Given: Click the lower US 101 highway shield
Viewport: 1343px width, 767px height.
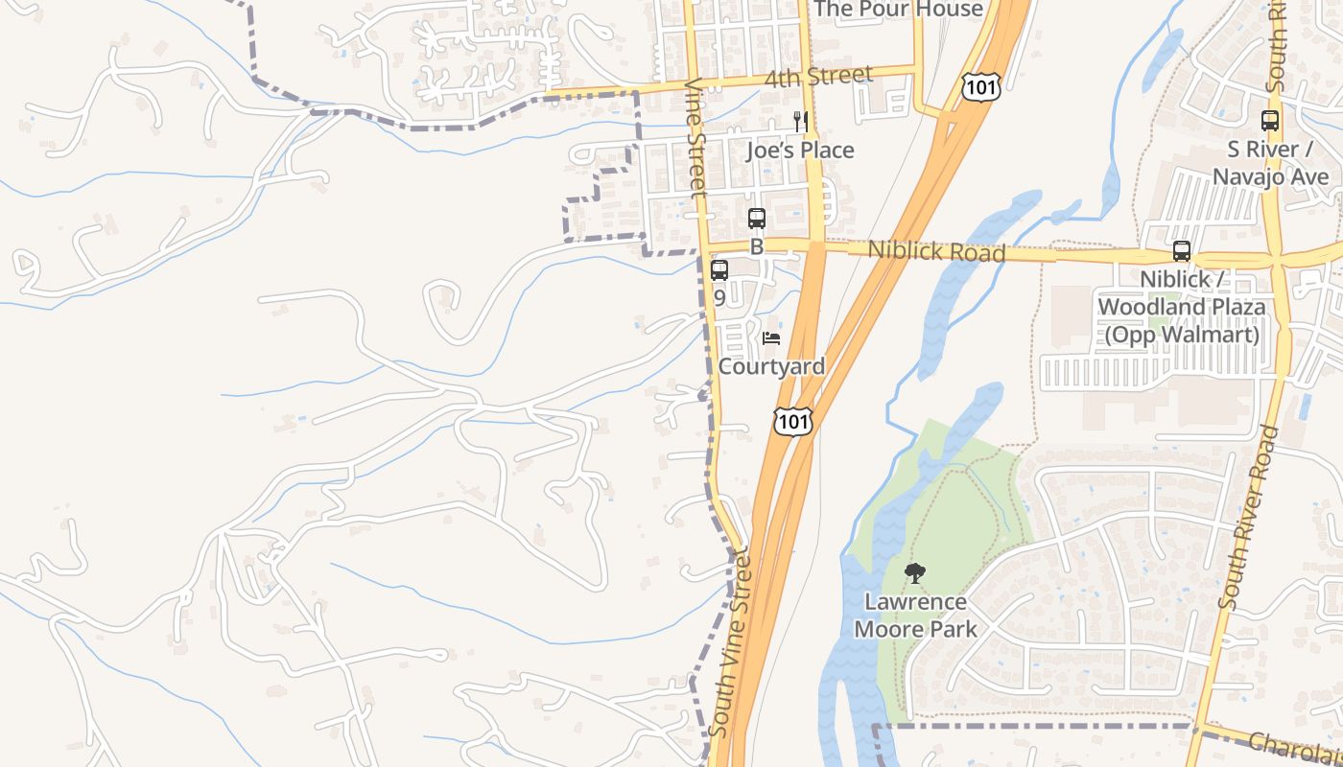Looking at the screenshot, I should (x=794, y=421).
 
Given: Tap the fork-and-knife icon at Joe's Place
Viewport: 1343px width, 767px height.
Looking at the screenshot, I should (x=800, y=122).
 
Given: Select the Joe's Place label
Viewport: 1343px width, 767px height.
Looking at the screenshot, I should (x=800, y=151).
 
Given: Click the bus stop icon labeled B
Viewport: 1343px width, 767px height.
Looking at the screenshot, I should (x=756, y=219).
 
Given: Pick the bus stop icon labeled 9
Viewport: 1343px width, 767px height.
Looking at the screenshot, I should (x=719, y=270).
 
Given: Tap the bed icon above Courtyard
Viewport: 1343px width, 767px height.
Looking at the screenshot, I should (x=771, y=338).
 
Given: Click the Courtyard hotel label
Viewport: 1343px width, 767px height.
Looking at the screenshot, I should (x=771, y=366).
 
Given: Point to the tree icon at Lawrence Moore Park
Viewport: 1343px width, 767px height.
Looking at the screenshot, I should (x=915, y=573).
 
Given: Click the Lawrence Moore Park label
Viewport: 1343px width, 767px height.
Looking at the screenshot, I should (x=915, y=616).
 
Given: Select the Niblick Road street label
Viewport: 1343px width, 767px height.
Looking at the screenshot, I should (x=936, y=251).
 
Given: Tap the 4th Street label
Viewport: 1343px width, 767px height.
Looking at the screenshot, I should (x=818, y=77).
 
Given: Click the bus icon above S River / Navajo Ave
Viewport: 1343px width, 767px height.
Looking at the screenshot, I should (x=1270, y=121).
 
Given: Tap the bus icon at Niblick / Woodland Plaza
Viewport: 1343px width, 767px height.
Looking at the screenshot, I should (x=1182, y=251).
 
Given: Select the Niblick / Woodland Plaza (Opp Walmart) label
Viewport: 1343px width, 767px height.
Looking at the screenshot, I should (x=1181, y=307).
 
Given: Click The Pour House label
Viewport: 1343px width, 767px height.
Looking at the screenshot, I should (x=898, y=10).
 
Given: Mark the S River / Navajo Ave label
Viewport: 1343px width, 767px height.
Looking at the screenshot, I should (x=1270, y=163).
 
